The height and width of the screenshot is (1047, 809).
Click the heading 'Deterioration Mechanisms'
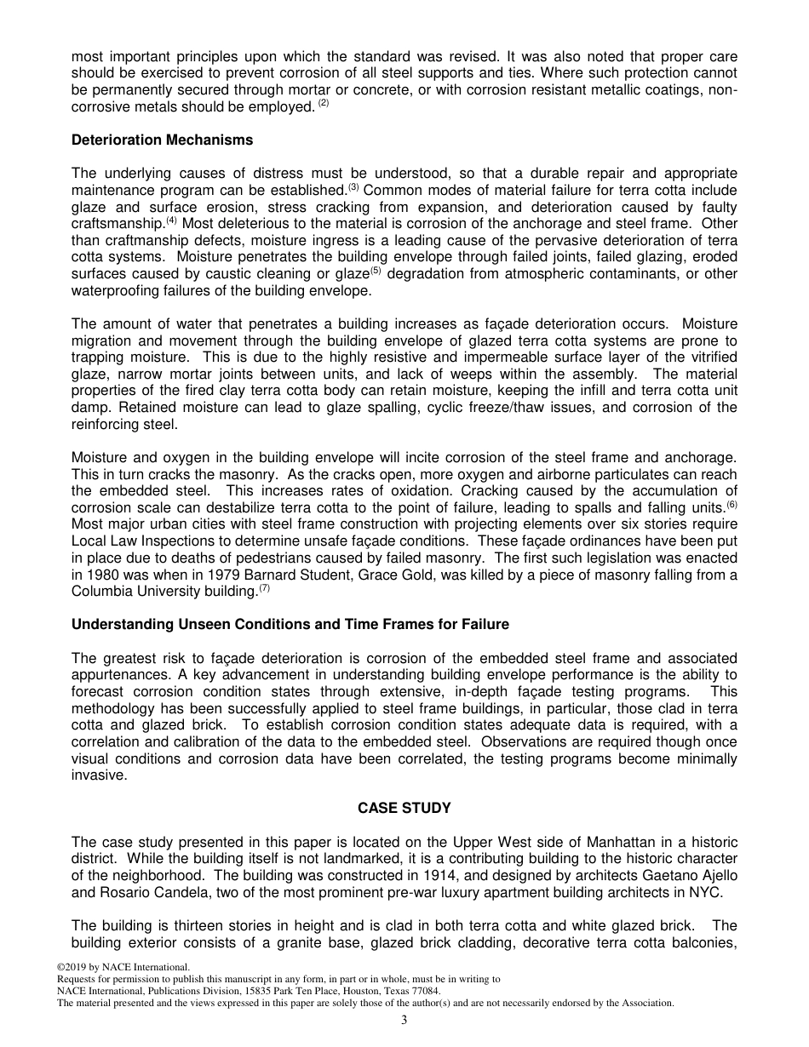162,140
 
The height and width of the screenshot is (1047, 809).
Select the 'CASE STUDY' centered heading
404,808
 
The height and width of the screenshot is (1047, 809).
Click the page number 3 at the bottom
404,1021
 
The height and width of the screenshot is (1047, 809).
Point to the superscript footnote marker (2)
323,104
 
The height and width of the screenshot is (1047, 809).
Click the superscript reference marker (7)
264,587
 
